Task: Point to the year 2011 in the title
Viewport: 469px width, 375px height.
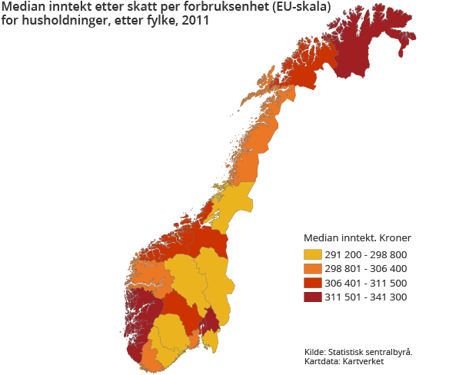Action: (196, 20)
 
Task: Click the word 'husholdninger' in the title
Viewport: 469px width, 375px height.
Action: (62, 20)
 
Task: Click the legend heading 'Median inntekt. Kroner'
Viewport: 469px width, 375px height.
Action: (357, 238)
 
